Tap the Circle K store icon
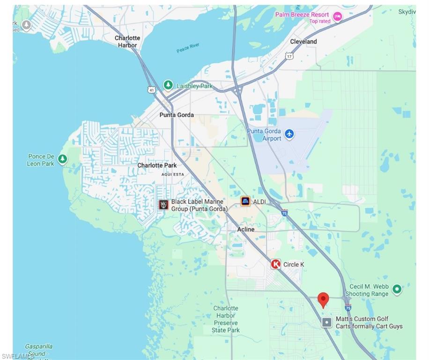pos(276,264)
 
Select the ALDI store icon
pos(245,202)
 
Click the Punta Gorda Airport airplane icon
pos(289,134)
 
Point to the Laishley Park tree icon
pos(168,85)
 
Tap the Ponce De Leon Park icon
pos(62,159)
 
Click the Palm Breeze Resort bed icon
pos(337,17)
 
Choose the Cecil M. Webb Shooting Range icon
pos(397,289)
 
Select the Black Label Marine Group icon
pos(163,205)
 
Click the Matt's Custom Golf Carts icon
pos(327,322)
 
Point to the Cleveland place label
pos(303,42)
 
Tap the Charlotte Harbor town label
pos(127,42)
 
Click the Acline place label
pos(246,230)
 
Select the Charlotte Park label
pos(157,165)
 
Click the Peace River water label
pos(188,48)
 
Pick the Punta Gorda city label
pos(177,115)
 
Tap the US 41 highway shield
pos(151,89)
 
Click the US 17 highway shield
pos(289,56)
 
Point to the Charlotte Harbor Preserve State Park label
pos(226,319)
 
